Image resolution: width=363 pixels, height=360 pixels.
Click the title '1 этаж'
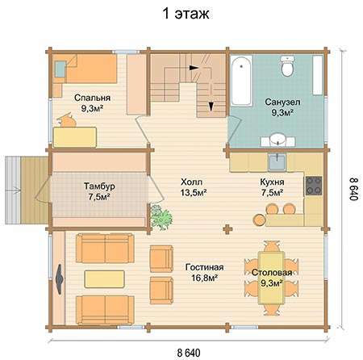(186, 13)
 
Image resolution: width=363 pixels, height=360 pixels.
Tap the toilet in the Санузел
(287, 65)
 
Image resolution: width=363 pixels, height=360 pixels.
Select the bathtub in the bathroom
(241, 81)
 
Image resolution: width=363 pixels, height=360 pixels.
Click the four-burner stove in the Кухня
(314, 186)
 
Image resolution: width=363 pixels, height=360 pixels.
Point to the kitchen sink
(277, 161)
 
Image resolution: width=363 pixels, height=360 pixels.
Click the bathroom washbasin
(278, 140)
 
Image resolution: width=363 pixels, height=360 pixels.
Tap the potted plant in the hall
(161, 217)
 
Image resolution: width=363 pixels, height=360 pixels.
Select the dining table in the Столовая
(271, 278)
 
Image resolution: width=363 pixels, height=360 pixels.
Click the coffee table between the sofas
(104, 279)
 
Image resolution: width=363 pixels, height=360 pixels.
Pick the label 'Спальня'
(92, 98)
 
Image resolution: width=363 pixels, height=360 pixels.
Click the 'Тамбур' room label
(99, 186)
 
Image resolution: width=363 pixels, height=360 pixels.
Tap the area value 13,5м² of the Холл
(194, 193)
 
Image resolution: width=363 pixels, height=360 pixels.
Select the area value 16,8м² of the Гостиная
(204, 278)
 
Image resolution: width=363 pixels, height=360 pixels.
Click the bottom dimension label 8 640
(189, 352)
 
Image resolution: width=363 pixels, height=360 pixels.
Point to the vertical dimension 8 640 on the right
(353, 188)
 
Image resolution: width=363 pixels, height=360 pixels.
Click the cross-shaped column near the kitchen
(227, 229)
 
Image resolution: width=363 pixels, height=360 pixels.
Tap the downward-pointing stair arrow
(211, 107)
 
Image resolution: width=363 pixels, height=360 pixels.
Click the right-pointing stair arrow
(194, 68)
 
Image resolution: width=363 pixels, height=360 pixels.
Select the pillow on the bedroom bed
(60, 69)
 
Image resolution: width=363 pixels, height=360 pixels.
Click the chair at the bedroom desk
(67, 121)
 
